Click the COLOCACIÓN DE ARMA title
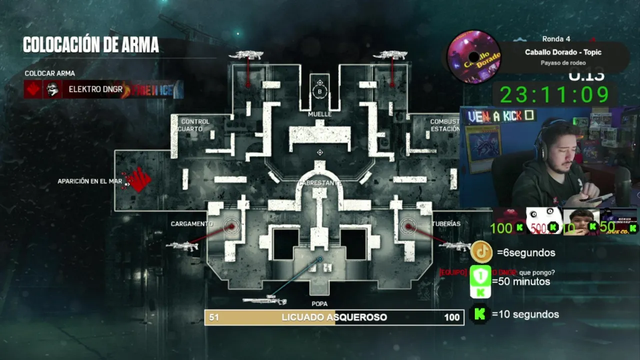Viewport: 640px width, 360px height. tap(91, 45)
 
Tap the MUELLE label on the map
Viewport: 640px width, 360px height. tap(320, 114)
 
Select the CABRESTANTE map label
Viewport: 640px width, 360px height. tap(320, 183)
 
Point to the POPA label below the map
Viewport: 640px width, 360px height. tap(319, 304)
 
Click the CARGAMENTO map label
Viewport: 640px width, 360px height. tap(192, 224)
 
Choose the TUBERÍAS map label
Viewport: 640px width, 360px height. tap(446, 224)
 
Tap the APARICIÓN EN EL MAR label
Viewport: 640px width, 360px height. tap(90, 181)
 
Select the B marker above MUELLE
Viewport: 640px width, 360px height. tap(320, 91)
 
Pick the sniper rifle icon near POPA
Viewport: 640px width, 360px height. tap(264, 300)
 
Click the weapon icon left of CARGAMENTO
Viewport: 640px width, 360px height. tap(182, 245)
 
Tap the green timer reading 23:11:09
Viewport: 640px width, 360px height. tap(554, 94)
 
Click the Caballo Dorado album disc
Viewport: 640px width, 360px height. tap(473, 56)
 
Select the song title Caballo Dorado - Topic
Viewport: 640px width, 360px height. tap(563, 52)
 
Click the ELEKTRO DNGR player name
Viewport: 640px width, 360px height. tap(95, 89)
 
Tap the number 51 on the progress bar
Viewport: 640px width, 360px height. tap(214, 317)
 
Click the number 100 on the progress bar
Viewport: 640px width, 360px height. tap(451, 317)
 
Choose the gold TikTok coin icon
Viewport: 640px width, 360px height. tap(482, 252)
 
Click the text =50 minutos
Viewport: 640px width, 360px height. tap(521, 281)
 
